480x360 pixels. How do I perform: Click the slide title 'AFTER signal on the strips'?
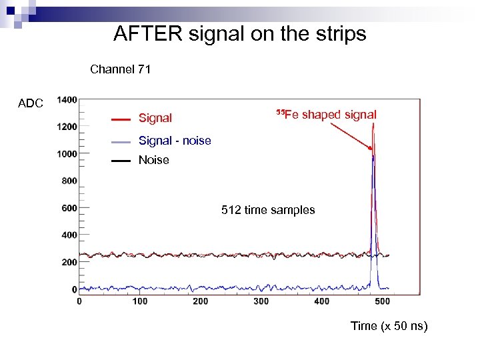point(239,33)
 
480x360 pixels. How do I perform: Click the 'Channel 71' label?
point(120,69)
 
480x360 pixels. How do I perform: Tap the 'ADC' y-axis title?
point(31,103)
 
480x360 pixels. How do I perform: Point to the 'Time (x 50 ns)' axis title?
point(389,326)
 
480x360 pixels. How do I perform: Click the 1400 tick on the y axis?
point(67,100)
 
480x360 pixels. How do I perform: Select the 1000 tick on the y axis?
point(67,154)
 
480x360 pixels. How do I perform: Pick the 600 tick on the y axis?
point(69,208)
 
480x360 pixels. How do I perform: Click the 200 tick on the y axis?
point(69,262)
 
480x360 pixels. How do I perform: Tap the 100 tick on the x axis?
point(140,302)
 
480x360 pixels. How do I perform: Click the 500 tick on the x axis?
point(383,302)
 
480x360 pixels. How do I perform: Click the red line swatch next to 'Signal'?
point(121,119)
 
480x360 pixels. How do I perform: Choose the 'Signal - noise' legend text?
point(175,141)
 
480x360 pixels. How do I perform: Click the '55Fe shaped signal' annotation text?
point(326,115)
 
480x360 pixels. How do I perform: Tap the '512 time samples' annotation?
point(268,210)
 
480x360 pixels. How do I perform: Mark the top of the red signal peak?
point(374,124)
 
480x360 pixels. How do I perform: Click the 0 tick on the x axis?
point(79,302)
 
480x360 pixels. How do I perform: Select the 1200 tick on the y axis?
point(67,127)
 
